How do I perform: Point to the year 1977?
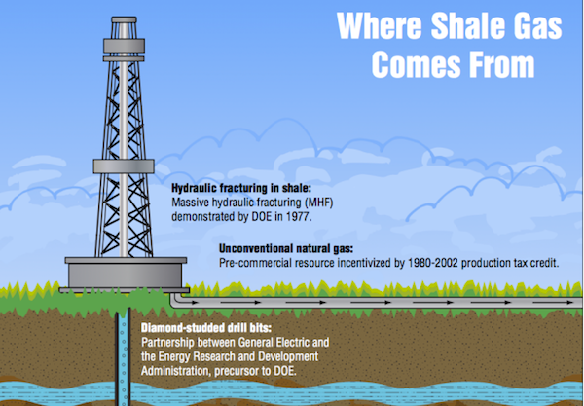pyautogui.click(x=319, y=213)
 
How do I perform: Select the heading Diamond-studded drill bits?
pyautogui.click(x=198, y=329)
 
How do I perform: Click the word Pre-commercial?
pyautogui.click(x=250, y=263)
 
